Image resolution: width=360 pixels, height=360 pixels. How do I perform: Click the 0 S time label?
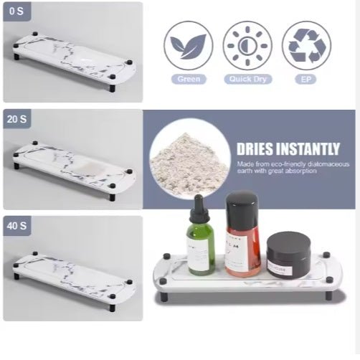16,12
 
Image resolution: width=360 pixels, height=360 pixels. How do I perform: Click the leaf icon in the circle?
188,44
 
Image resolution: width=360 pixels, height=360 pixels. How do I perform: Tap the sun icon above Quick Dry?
247,44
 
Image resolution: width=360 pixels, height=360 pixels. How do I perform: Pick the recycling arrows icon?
306,44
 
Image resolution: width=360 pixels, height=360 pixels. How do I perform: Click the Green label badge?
188,79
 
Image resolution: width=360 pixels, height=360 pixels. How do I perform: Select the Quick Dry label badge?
247,79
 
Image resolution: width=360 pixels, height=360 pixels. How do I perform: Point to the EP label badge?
306,79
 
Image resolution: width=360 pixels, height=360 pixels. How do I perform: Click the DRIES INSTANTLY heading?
288,149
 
